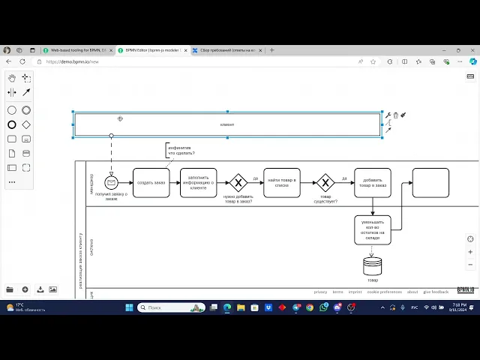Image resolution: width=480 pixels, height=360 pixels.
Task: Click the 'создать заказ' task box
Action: click(151, 182)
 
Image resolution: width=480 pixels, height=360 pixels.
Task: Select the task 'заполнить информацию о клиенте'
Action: click(198, 182)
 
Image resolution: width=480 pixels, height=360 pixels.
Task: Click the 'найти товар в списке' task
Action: click(281, 182)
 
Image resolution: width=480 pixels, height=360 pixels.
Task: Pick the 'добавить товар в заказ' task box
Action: click(372, 182)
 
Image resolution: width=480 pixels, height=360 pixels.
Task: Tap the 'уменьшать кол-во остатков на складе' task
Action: click(372, 230)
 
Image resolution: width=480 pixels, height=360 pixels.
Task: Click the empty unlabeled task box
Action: click(430, 182)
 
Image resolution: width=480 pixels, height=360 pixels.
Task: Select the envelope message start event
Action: click(111, 182)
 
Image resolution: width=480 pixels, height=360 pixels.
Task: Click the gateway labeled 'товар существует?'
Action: click(325, 182)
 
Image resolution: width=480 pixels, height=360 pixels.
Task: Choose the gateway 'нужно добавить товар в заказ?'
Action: click(238, 182)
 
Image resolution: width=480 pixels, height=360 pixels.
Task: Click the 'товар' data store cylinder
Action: click(372, 266)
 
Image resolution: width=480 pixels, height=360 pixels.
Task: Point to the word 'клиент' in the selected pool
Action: click(227, 124)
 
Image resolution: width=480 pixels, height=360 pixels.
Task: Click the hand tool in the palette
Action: click(12, 77)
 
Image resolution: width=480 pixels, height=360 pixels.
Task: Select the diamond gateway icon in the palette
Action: click(26, 124)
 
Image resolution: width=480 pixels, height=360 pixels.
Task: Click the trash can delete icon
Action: click(396, 115)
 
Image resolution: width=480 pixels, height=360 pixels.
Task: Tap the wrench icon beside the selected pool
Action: click(388, 115)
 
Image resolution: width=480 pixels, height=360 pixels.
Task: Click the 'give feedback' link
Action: click(436, 292)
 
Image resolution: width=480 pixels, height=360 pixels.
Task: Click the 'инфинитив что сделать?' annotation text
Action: click(181, 151)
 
